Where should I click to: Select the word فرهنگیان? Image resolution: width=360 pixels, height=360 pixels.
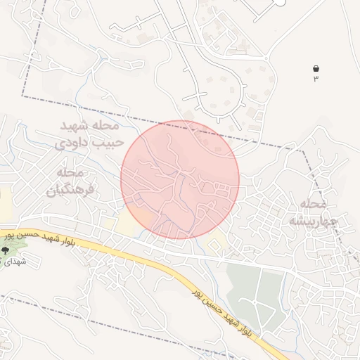click(x=70, y=190)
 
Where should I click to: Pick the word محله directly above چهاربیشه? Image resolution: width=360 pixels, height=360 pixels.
click(x=314, y=205)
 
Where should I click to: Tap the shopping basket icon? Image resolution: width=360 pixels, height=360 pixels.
click(x=316, y=68)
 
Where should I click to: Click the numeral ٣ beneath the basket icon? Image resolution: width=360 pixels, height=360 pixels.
click(x=316, y=78)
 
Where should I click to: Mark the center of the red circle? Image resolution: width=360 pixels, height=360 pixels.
click(x=180, y=179)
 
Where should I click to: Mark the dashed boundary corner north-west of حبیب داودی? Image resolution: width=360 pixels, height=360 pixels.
click(x=23, y=97)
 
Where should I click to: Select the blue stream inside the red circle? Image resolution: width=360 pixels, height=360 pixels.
click(x=185, y=190)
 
